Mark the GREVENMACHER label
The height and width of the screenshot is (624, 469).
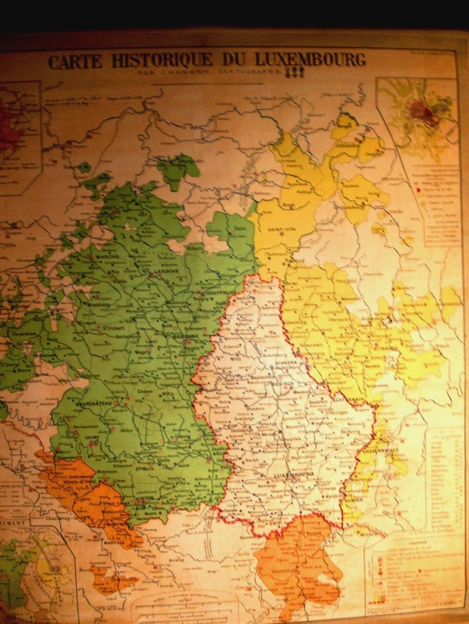click(x=377, y=450)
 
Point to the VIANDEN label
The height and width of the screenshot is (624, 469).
click(x=283, y=348)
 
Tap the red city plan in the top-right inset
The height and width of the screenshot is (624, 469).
click(x=420, y=111)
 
